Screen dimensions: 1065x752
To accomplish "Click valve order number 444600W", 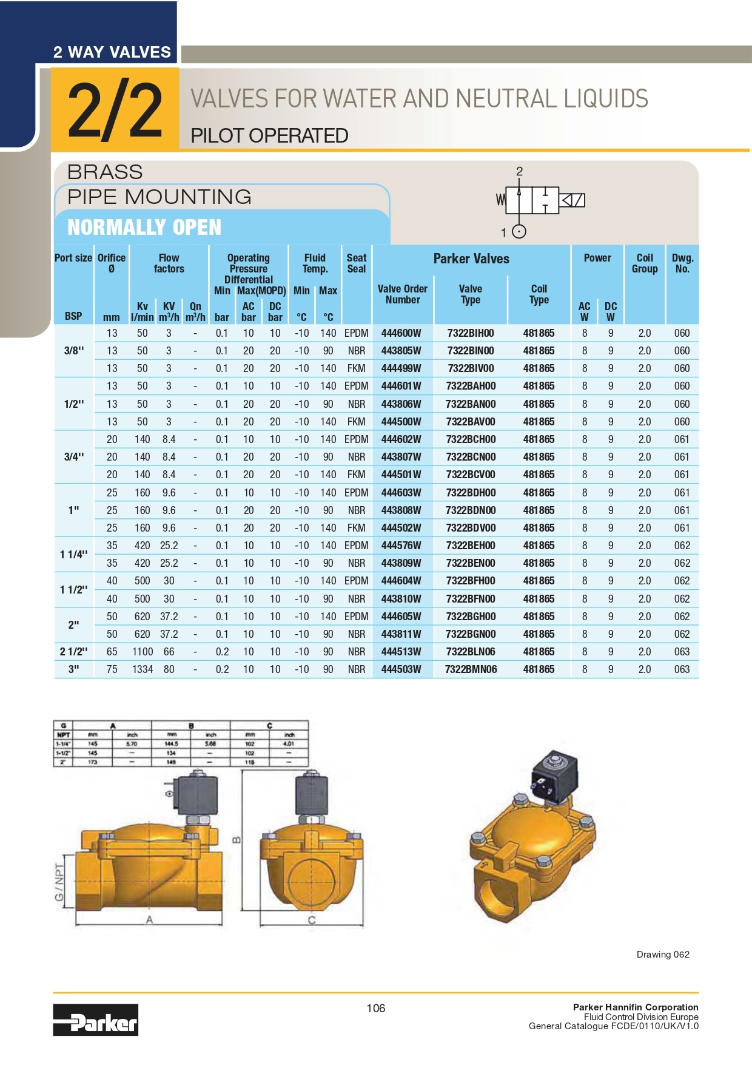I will click(x=401, y=333).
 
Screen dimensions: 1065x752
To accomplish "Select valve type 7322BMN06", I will click(x=471, y=669).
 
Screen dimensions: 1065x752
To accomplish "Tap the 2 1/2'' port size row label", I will click(x=73, y=652).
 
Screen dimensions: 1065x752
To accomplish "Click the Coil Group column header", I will click(x=645, y=263).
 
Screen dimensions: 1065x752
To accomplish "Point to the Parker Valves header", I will click(x=471, y=259).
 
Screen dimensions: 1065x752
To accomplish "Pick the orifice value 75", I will click(x=112, y=669).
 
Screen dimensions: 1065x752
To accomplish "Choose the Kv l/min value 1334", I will click(x=143, y=669).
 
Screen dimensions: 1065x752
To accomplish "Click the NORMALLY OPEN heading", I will click(x=144, y=228).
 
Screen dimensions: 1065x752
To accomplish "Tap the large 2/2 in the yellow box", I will click(x=115, y=110).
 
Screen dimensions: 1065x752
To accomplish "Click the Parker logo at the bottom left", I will click(x=95, y=1019).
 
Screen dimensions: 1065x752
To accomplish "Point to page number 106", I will click(x=375, y=1008).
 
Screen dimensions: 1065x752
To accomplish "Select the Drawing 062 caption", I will click(x=663, y=955).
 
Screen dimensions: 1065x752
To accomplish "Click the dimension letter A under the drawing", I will click(x=149, y=920).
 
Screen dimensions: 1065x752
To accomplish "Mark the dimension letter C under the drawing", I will click(x=312, y=920).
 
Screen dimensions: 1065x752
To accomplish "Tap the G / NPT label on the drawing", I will click(x=59, y=882).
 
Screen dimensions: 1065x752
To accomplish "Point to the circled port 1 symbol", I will click(x=519, y=232).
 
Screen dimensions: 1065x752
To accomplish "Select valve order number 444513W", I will click(x=401, y=652).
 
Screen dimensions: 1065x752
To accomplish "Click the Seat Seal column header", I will click(x=357, y=263).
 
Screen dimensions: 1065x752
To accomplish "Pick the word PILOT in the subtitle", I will click(x=217, y=136).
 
